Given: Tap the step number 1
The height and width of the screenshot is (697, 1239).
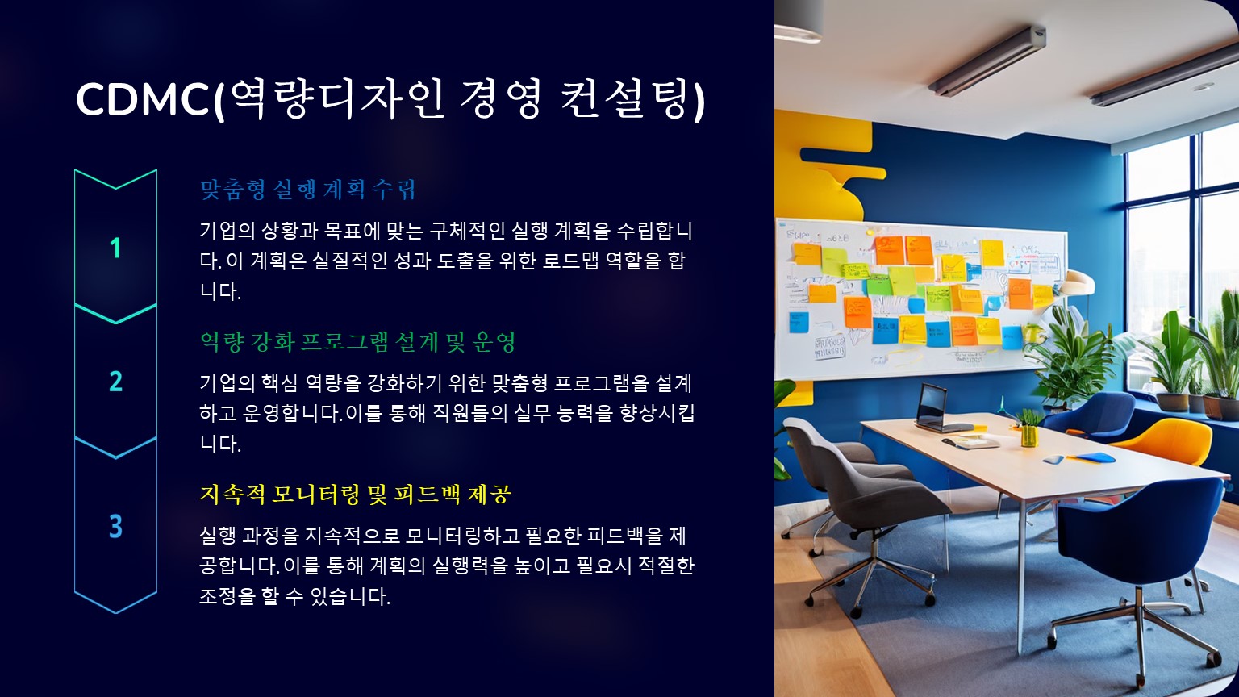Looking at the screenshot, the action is click(x=115, y=248).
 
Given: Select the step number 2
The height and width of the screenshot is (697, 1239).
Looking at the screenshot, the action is click(x=115, y=381).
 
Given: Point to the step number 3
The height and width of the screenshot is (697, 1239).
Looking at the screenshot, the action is click(x=115, y=526).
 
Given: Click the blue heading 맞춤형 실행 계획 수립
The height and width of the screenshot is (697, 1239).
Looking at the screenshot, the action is click(x=307, y=190).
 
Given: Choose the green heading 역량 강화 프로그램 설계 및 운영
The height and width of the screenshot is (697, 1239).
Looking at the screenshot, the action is click(x=358, y=342).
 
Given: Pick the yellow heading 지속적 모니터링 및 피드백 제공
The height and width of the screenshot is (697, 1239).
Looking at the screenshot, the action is click(x=355, y=494).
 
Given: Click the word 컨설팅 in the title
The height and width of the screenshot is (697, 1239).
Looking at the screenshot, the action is click(x=627, y=99).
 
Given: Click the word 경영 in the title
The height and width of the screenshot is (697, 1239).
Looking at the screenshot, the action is click(x=499, y=99).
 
